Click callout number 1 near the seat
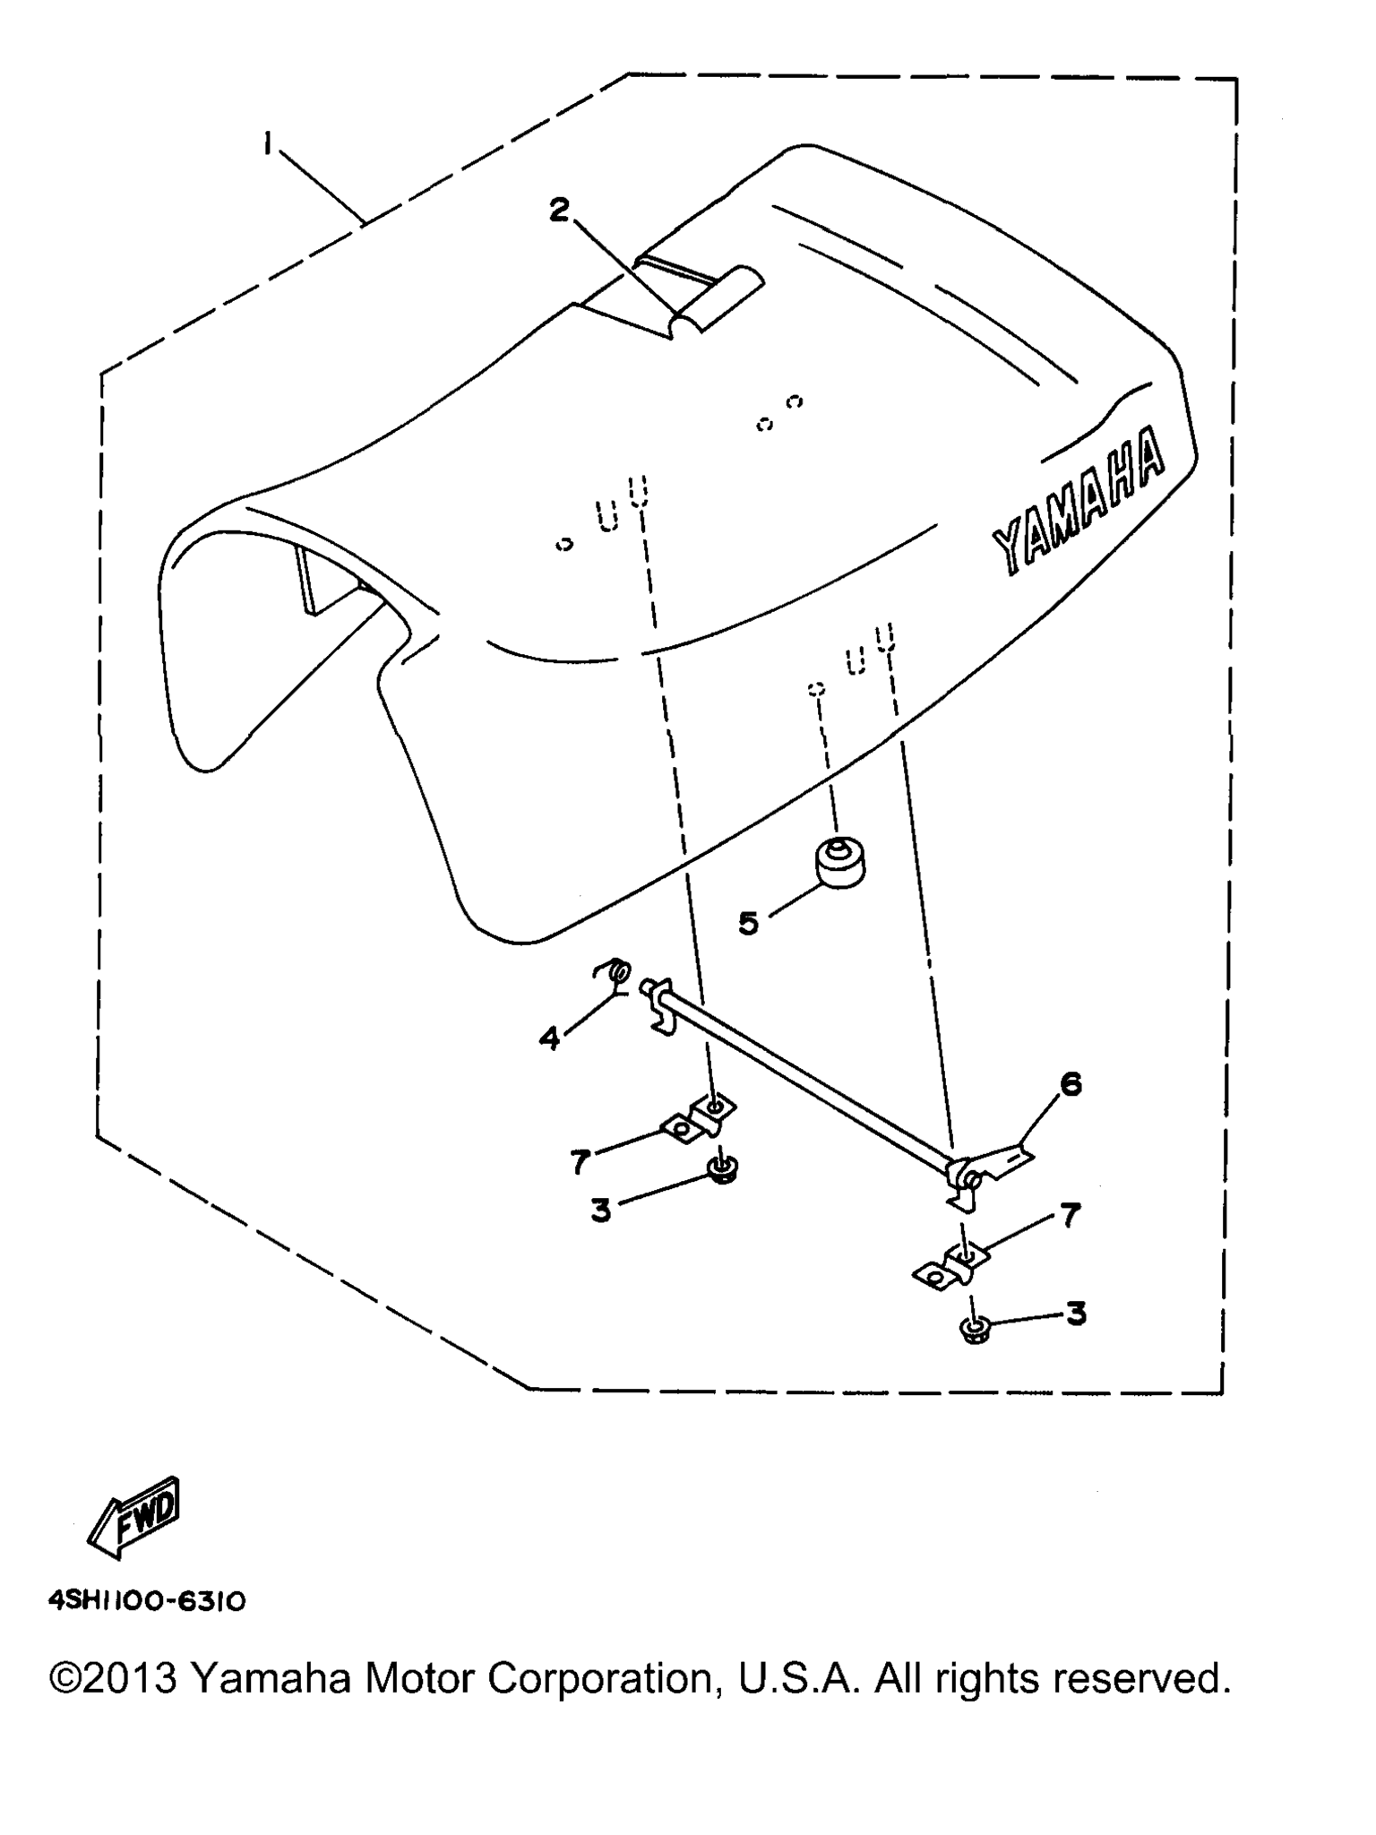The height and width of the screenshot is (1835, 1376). (x=267, y=143)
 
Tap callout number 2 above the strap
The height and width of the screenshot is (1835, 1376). (x=559, y=211)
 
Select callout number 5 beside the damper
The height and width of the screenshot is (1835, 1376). (x=748, y=922)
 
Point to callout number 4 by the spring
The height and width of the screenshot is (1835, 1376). (x=549, y=1038)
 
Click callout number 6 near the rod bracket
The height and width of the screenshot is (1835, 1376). (x=1071, y=1084)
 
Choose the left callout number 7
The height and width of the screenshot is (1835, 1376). (x=580, y=1162)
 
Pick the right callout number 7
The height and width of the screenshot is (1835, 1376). (x=1071, y=1216)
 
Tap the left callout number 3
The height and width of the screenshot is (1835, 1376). (x=601, y=1210)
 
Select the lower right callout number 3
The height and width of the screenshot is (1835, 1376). (x=1076, y=1314)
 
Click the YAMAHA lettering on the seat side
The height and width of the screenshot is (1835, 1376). (x=1079, y=502)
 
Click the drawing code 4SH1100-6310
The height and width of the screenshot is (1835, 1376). (x=147, y=1601)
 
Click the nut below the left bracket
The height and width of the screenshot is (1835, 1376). (x=722, y=1169)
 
